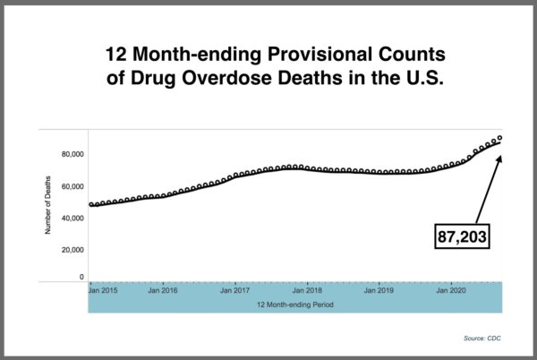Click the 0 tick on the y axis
(81, 278)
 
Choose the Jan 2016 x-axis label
(162, 291)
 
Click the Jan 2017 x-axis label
(234, 291)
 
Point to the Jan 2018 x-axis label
(308, 291)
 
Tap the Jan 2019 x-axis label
(380, 291)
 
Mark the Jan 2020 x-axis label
(451, 291)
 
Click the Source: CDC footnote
(483, 339)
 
